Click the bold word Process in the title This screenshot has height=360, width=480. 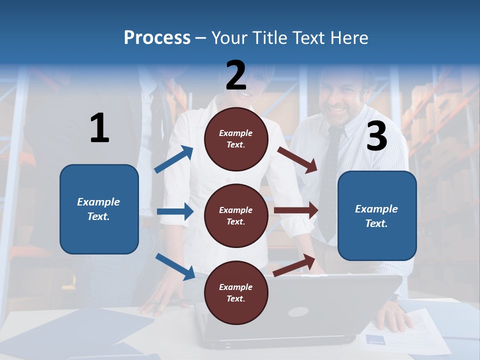(x=157, y=37)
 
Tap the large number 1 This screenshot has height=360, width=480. (x=99, y=128)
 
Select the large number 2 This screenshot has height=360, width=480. (x=236, y=75)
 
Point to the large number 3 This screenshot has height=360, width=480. (x=376, y=136)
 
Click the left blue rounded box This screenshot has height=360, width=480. (x=99, y=209)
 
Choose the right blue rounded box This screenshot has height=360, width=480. (x=377, y=215)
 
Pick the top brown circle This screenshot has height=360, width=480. (x=236, y=138)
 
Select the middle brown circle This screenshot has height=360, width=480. (x=236, y=215)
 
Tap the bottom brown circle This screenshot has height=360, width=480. (x=236, y=292)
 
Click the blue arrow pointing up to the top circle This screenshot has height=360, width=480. (x=174, y=159)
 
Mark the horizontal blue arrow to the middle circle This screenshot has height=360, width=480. (x=175, y=211)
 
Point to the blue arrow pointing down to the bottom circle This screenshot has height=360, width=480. (x=175, y=266)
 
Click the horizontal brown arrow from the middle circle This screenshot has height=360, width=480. (x=296, y=210)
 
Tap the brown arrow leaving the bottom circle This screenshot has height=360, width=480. (x=294, y=265)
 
